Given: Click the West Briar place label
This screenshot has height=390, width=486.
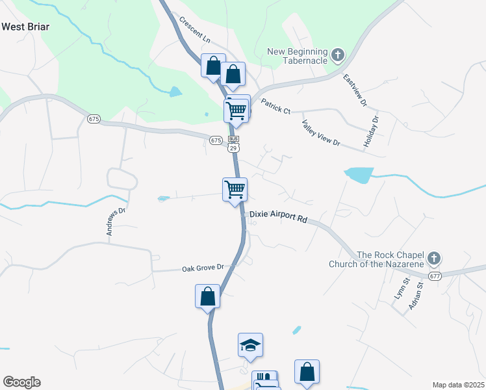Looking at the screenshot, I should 26,27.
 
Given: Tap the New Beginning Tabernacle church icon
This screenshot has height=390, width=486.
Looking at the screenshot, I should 337,55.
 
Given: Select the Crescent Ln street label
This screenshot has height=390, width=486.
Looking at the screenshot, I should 196,31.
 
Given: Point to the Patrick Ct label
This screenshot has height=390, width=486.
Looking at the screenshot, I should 275,106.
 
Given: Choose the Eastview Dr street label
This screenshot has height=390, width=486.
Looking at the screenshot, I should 355,90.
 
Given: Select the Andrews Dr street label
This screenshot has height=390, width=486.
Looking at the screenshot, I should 115,222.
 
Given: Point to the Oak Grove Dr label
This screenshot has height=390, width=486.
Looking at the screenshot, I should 202,268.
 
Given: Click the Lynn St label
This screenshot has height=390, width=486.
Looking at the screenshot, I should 400,288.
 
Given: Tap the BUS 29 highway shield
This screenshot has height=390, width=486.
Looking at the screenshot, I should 234,144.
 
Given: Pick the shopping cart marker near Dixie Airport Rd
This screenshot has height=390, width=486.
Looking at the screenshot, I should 235,190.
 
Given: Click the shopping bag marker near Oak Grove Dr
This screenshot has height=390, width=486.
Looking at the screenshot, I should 208,296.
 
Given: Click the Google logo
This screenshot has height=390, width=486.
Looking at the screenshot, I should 21,382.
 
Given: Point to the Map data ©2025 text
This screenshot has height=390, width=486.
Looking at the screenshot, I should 457,385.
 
